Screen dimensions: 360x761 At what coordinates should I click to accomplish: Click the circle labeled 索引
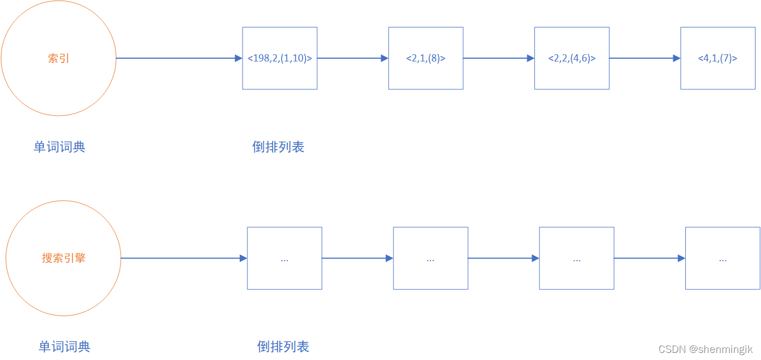coord(59,58)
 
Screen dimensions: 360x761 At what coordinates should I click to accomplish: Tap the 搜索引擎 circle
coord(64,258)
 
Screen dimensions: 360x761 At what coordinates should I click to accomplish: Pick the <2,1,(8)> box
coord(426,58)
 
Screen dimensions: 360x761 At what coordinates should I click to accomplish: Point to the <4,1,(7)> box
coord(718,58)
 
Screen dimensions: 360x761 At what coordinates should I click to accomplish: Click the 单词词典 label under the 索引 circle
coord(59,147)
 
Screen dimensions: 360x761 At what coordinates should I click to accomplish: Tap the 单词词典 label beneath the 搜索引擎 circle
coord(64,347)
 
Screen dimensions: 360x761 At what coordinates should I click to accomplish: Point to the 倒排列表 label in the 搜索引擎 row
coord(283,347)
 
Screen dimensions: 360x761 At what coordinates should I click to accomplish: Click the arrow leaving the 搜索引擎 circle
coord(181,258)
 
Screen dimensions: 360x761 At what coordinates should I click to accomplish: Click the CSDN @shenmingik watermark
coord(706,349)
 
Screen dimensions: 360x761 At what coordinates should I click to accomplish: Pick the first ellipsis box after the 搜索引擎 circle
coord(284,258)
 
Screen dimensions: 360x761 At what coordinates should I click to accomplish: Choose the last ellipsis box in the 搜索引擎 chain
coord(723,258)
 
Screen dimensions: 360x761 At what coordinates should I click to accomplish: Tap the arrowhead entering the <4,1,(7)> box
coord(677,58)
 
